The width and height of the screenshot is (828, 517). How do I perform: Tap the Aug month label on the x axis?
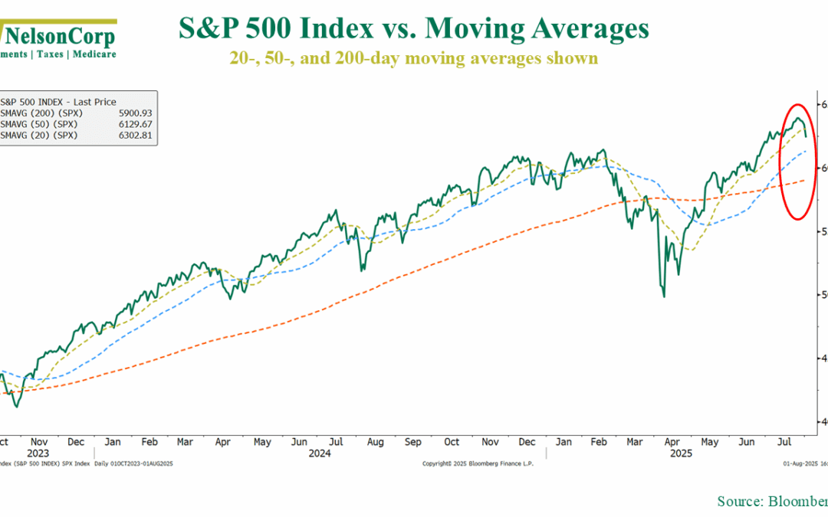pyautogui.click(x=374, y=442)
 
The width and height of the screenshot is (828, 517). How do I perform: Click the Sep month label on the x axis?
pyautogui.click(x=412, y=442)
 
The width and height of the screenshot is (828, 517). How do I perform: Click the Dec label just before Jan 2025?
pyautogui.click(x=527, y=442)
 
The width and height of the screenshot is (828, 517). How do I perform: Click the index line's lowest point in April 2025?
pyautogui.click(x=664, y=296)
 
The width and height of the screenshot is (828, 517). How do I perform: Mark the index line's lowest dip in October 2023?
pyautogui.click(x=17, y=407)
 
